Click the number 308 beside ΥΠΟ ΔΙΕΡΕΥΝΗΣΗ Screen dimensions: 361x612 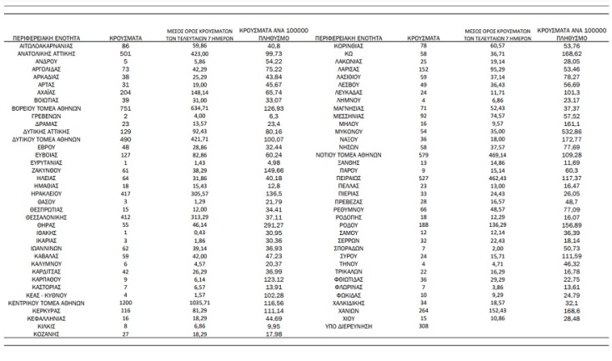click(423, 326)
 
